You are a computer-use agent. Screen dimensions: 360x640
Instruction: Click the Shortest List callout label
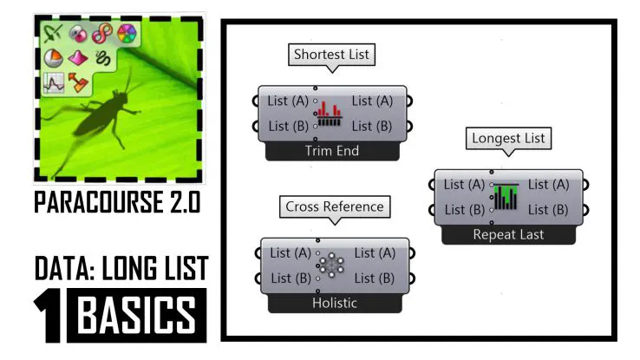[331, 55]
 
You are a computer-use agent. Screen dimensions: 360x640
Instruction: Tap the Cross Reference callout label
[335, 207]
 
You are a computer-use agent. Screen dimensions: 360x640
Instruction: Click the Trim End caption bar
[331, 151]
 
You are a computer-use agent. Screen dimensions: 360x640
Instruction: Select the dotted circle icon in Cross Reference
[330, 265]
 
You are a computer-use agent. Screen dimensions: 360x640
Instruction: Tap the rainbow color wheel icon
[127, 34]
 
